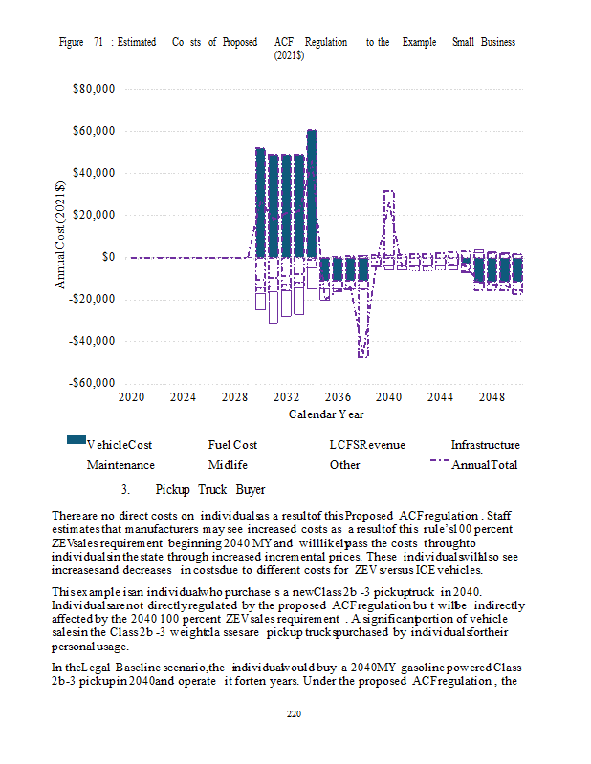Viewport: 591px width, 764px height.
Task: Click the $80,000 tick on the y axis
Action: pyautogui.click(x=94, y=89)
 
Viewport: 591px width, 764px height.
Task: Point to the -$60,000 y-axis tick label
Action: pyautogui.click(x=92, y=383)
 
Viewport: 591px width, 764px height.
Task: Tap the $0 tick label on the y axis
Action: pyautogui.click(x=108, y=257)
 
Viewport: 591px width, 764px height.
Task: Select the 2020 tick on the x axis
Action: pyautogui.click(x=131, y=396)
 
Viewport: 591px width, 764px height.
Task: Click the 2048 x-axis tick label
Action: pyautogui.click(x=492, y=396)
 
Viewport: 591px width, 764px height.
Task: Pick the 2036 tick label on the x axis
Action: pyautogui.click(x=337, y=396)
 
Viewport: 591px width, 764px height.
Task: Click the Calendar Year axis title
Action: pyautogui.click(x=325, y=414)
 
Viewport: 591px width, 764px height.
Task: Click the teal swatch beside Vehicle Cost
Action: pyautogui.click(x=76, y=439)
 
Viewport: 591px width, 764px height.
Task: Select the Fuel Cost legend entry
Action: pyautogui.click(x=232, y=445)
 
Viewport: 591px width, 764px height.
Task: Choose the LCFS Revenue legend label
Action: pyautogui.click(x=367, y=445)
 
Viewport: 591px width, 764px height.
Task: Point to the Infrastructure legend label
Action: pyautogui.click(x=486, y=445)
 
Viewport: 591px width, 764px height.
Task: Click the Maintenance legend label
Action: pyautogui.click(x=120, y=465)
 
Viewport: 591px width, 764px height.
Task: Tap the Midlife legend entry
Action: pyautogui.click(x=228, y=465)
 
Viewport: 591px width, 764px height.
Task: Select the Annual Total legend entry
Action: pyautogui.click(x=487, y=465)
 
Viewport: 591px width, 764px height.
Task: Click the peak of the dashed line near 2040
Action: pyautogui.click(x=388, y=192)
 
